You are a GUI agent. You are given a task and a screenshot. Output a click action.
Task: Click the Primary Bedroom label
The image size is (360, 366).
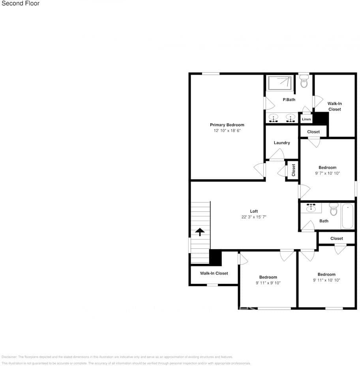click(x=227, y=125)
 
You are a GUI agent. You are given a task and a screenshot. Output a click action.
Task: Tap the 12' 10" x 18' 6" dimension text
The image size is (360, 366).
click(x=227, y=130)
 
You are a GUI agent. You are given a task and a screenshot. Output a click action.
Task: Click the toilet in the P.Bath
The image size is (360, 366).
click(x=304, y=82)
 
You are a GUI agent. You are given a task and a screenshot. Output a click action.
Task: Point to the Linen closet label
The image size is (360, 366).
click(x=306, y=119)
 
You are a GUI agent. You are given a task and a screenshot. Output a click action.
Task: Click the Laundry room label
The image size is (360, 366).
click(x=282, y=143)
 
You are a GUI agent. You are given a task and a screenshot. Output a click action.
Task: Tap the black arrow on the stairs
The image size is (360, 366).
click(x=200, y=232)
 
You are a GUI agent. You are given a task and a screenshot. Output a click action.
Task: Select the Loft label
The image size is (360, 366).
click(x=254, y=211)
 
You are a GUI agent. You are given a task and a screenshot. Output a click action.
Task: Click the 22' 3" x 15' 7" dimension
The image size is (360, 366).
click(x=254, y=217)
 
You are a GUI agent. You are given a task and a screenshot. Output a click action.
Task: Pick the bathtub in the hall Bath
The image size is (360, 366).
click(x=347, y=216)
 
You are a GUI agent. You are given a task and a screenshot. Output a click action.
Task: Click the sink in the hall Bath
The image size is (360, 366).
click(x=311, y=207)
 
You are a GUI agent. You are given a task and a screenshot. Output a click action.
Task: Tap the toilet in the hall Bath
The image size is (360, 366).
click(x=334, y=210)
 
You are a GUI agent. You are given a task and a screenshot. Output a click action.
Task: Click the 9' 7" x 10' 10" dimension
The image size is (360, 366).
click(x=327, y=173)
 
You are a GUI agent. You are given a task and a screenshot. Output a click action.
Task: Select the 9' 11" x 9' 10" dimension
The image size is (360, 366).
click(x=268, y=283)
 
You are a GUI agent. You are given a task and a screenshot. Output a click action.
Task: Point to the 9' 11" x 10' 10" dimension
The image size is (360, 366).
click(x=326, y=280)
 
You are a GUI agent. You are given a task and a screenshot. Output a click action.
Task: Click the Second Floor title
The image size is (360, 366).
click(x=21, y=4)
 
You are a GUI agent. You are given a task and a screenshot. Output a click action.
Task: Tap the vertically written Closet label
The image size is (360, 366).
click(x=293, y=170)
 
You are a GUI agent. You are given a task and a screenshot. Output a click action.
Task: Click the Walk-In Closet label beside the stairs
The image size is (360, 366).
click(x=214, y=273)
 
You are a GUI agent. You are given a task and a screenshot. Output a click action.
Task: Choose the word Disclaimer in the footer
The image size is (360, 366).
click(x=9, y=357)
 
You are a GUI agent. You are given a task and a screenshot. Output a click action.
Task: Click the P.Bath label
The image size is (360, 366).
click(x=289, y=100)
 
